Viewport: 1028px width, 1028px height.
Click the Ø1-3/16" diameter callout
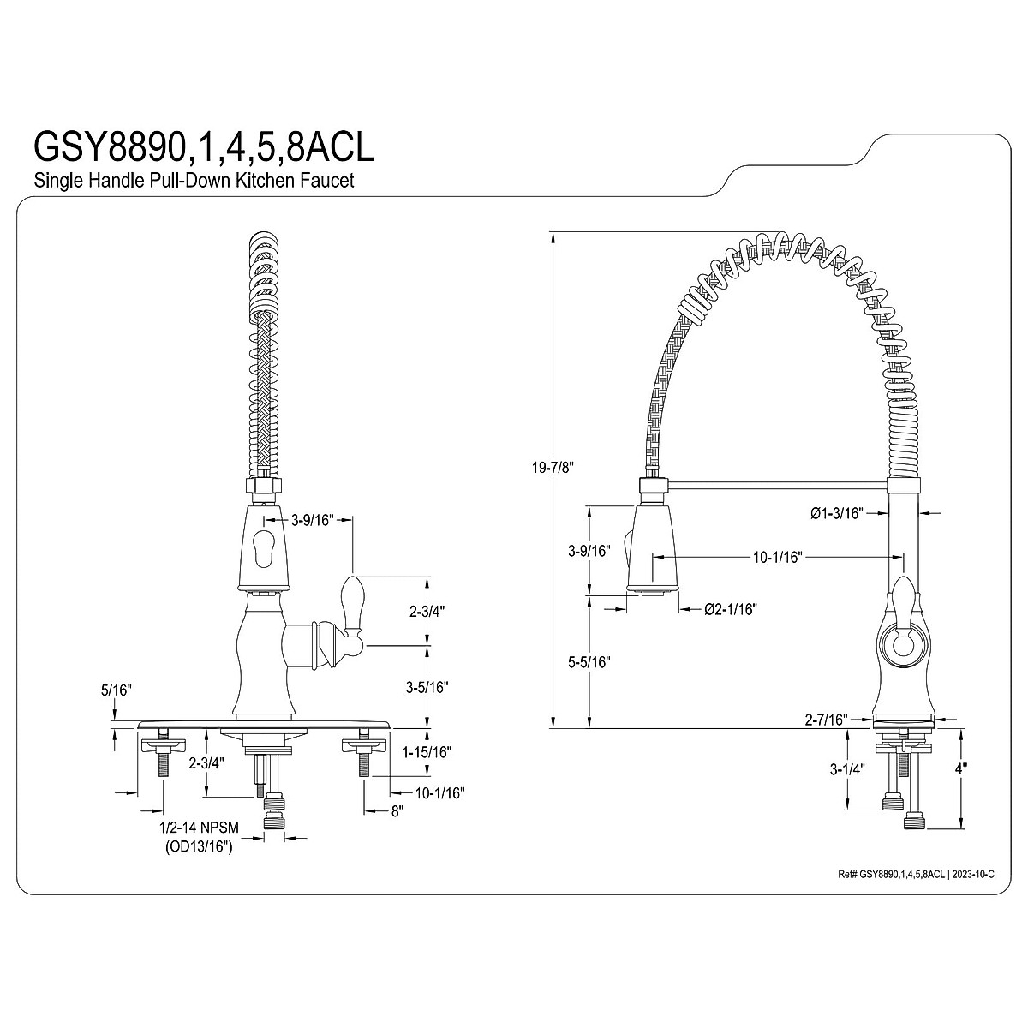pyautogui.click(x=835, y=513)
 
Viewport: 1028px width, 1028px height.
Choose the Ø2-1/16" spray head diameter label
pyautogui.click(x=730, y=609)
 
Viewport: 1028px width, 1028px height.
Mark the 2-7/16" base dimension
pyautogui.click(x=827, y=720)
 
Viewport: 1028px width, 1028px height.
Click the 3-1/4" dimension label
pyautogui.click(x=848, y=768)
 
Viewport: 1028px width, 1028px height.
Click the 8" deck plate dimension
pyautogui.click(x=397, y=810)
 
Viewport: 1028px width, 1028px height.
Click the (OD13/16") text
pyautogui.click(x=199, y=847)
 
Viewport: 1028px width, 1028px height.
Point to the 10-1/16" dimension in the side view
pyautogui.click(x=777, y=558)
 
